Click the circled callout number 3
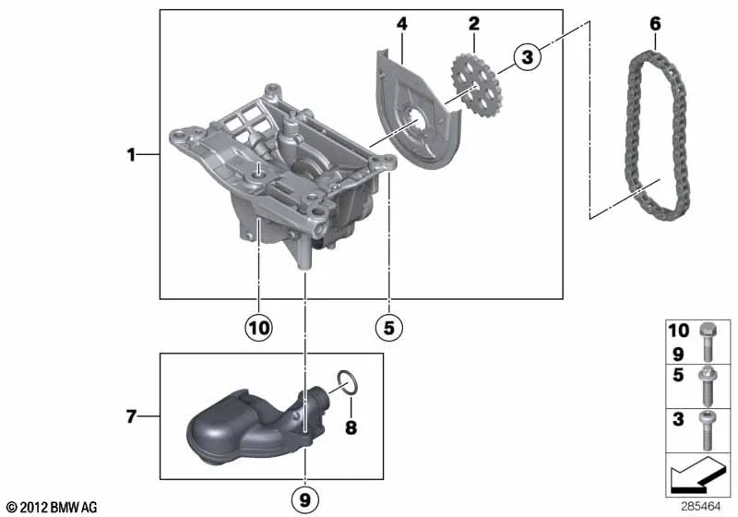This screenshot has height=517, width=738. pos(527,57)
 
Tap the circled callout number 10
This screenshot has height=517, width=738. pos(259,327)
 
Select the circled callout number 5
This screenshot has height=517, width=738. pos(388,327)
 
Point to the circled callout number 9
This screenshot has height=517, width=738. pos(305,499)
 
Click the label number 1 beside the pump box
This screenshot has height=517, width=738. pos(131,154)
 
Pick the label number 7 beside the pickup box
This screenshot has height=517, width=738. pos(131,416)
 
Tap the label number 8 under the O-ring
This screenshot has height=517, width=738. pos(351,427)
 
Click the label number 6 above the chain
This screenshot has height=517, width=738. pos(655,24)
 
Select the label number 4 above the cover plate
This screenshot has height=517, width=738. pos(401,24)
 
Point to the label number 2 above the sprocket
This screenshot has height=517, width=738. pos(473,24)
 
